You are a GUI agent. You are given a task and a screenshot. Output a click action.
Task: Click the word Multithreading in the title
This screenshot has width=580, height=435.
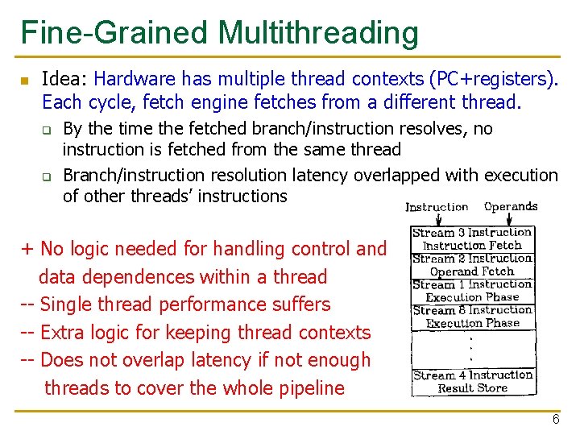[317, 33]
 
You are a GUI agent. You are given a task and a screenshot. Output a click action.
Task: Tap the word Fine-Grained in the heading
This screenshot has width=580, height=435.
[114, 33]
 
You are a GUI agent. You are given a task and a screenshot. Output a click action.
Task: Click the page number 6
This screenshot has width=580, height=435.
[556, 420]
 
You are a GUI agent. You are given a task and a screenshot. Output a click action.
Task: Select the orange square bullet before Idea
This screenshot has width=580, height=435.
[24, 81]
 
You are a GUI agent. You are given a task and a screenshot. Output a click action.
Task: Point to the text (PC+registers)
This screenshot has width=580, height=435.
[494, 79]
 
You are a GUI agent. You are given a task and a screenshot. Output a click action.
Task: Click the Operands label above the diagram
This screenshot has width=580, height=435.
[511, 206]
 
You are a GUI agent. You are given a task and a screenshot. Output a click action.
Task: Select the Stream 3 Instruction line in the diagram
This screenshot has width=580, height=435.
[472, 233]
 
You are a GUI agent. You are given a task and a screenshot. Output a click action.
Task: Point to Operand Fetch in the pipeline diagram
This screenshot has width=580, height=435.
[471, 271]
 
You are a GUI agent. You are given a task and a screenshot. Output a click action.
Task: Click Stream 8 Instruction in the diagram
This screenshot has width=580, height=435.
[472, 310]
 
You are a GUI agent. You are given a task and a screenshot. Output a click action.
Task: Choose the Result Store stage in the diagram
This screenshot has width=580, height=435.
[472, 388]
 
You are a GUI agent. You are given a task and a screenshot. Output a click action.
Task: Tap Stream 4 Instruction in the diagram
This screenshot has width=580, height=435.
[472, 375]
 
